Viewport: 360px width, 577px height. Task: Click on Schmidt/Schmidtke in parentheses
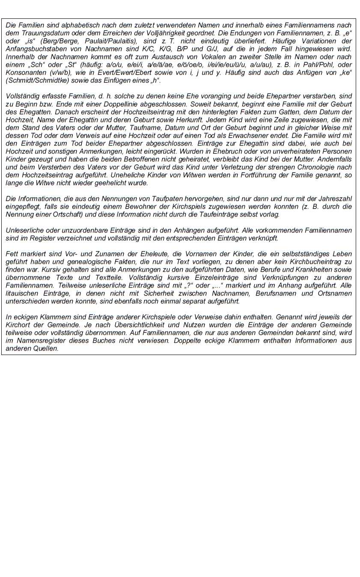tap(37, 80)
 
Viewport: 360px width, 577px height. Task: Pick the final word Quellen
tap(46, 348)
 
